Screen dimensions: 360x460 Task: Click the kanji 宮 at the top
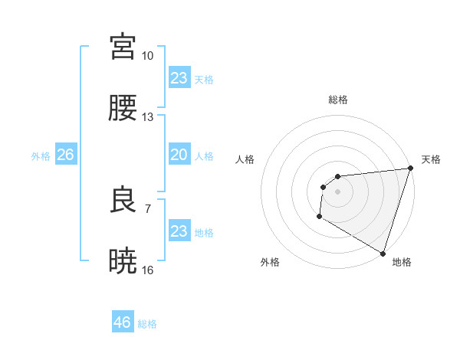[123, 46]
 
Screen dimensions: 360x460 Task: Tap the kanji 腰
[123, 109]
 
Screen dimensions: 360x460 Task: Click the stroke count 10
[148, 56]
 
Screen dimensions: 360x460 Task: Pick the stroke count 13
[148, 117]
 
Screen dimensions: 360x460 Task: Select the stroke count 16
[148, 270]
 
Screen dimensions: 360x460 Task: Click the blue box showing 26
[65, 155]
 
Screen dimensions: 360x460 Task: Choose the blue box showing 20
[179, 155]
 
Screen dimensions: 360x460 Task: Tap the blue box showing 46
[123, 322]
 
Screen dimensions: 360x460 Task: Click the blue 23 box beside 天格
[179, 78]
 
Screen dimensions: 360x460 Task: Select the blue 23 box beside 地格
[179, 231]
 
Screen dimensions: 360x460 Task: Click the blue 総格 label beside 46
[147, 324]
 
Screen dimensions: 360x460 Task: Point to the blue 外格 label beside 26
[41, 156]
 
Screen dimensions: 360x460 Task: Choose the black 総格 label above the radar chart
[337, 100]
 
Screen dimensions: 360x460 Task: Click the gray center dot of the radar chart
[337, 191]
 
